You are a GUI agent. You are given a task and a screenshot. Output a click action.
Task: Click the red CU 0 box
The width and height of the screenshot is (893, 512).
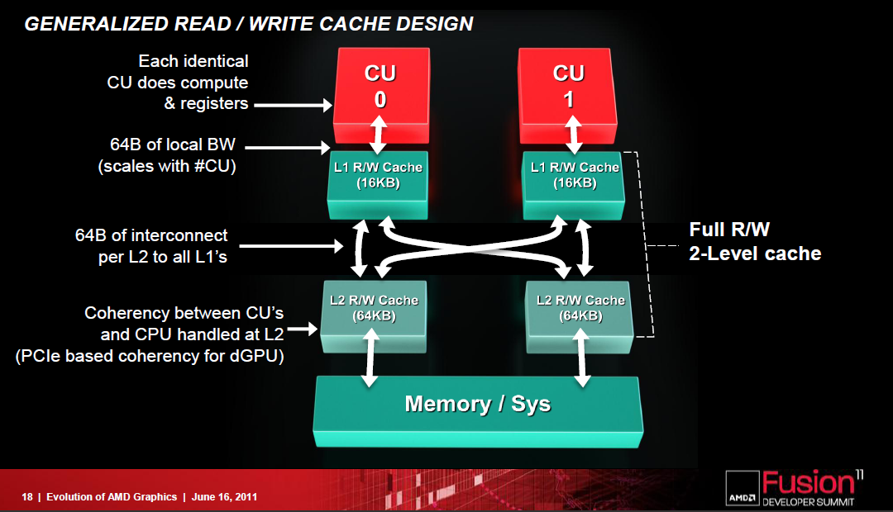click(x=381, y=95)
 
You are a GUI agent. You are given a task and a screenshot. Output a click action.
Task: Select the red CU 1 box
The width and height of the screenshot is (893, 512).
click(x=568, y=95)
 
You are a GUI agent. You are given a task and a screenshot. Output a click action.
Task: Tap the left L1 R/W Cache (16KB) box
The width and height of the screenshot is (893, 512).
click(x=378, y=184)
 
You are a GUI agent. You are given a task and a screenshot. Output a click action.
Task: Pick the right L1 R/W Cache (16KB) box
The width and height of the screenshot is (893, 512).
click(x=574, y=184)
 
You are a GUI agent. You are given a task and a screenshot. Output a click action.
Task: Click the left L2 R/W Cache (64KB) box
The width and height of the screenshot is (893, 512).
click(x=374, y=316)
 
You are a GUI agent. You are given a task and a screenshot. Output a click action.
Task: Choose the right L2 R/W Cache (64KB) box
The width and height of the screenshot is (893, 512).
click(x=580, y=316)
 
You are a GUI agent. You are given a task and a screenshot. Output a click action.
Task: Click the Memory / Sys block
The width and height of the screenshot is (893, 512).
click(x=478, y=410)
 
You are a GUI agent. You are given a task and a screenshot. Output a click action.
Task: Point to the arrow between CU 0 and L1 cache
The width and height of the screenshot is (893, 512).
click(x=380, y=135)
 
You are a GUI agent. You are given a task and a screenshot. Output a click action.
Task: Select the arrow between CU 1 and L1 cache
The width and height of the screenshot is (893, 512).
click(x=574, y=135)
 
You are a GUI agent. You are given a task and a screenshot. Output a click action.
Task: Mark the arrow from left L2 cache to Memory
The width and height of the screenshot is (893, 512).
click(x=370, y=358)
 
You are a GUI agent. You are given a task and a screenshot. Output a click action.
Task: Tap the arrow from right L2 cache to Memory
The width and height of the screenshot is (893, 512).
click(x=581, y=358)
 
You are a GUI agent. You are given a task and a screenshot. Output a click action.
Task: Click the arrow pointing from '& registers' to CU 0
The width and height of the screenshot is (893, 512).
click(x=293, y=105)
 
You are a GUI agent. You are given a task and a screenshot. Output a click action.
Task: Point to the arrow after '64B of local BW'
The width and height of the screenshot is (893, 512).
click(x=288, y=148)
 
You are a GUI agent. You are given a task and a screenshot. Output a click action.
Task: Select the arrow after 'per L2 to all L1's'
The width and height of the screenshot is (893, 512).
click(x=292, y=246)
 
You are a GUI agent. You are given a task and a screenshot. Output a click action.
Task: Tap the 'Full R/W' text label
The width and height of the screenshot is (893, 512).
click(x=729, y=230)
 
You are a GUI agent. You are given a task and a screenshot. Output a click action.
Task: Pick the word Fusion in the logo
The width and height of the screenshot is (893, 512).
click(x=809, y=482)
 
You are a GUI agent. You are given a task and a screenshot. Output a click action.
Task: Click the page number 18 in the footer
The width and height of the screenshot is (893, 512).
click(x=27, y=496)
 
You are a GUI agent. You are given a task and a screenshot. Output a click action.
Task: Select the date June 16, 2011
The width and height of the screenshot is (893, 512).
click(x=224, y=496)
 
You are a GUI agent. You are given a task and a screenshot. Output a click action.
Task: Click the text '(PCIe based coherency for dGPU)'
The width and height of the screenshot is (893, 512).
click(x=150, y=356)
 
